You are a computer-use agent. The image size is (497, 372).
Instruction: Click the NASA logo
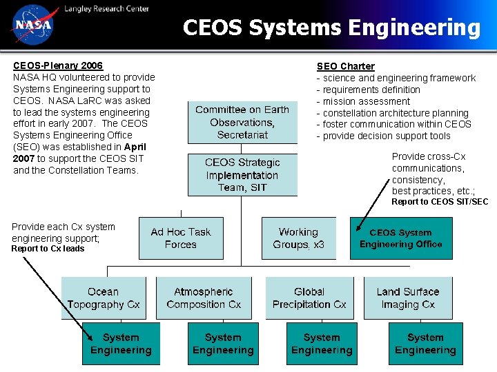31,24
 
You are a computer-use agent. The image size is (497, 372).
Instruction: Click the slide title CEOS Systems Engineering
331,28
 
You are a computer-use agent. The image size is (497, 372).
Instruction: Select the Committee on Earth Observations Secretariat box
242,122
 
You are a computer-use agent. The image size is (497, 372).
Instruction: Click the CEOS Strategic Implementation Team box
242,174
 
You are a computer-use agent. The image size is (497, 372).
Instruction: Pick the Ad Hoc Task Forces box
181,238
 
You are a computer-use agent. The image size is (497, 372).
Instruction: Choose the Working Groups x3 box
298,238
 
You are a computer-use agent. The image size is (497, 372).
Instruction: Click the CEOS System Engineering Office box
400,238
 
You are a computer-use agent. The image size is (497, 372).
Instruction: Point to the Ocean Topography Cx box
104,298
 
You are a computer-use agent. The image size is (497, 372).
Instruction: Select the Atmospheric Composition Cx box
204,298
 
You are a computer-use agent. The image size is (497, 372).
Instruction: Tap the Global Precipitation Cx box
309,298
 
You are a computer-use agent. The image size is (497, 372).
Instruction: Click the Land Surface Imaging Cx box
407,298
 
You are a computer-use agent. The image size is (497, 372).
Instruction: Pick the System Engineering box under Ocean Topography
121,344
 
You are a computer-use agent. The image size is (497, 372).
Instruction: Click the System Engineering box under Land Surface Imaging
425,344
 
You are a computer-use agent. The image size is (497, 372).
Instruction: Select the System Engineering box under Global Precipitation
322,344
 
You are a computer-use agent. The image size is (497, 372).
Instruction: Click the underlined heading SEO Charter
345,66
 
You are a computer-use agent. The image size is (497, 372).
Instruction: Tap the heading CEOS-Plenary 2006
58,65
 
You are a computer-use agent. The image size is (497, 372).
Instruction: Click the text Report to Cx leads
48,249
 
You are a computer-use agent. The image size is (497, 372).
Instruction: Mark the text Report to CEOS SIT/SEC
440,202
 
